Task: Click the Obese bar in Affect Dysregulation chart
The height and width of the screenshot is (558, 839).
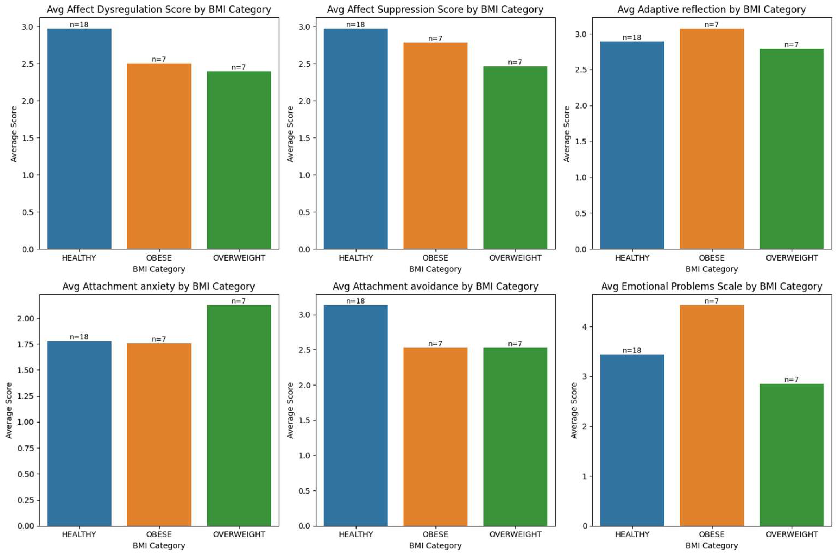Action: point(159,156)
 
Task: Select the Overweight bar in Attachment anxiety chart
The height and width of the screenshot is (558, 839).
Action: point(238,415)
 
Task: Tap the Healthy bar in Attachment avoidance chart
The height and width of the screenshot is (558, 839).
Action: point(356,415)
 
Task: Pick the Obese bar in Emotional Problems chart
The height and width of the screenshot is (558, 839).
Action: point(712,415)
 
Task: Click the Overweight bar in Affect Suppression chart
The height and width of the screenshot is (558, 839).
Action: point(515,158)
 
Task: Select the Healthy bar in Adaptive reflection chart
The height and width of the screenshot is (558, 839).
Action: point(632,145)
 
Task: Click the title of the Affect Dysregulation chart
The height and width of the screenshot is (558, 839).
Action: point(159,10)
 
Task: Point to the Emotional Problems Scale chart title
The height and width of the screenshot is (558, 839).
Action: point(712,287)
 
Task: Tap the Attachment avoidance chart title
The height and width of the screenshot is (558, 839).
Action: point(435,287)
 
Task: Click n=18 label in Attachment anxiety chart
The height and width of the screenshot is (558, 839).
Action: point(79,337)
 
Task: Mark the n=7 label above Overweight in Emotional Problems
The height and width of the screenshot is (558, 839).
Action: point(791,380)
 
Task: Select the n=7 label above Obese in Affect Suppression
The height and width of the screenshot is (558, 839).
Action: point(435,38)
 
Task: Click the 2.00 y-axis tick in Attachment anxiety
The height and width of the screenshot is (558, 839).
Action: point(26,318)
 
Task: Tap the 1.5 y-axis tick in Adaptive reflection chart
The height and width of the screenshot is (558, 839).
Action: point(581,142)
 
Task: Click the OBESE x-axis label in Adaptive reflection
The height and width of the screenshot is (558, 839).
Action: point(712,258)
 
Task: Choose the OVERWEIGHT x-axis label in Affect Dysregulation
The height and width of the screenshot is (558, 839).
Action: point(239,258)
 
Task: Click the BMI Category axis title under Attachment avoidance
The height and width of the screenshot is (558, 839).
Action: point(435,546)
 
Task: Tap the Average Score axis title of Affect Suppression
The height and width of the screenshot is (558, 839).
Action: point(290,134)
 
